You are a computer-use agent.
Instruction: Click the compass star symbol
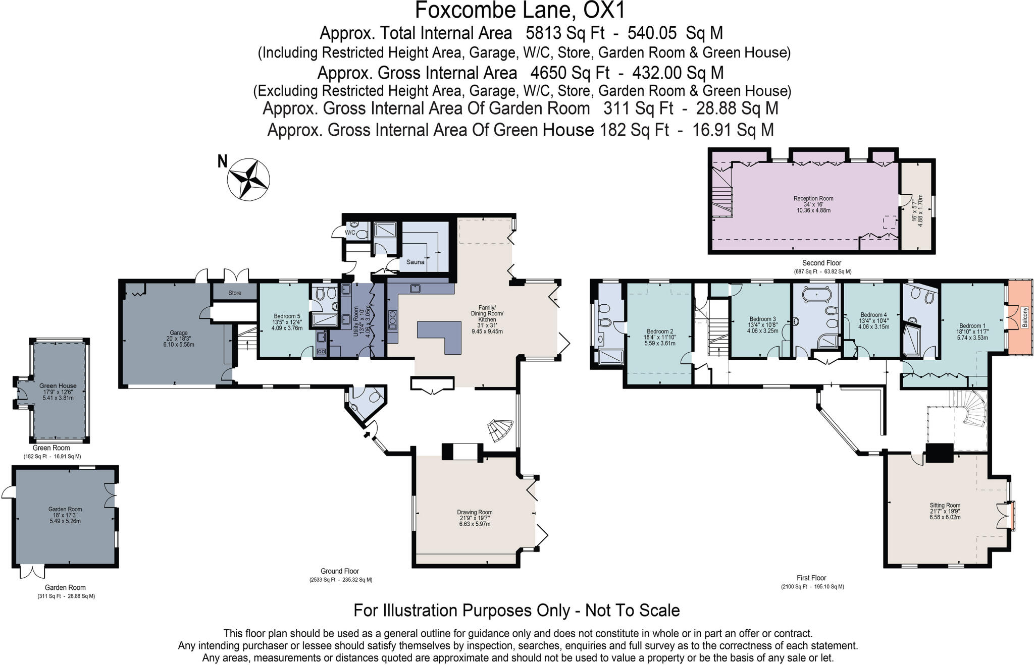point(248,179)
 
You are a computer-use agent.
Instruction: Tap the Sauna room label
point(416,262)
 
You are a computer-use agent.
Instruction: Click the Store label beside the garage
point(235,293)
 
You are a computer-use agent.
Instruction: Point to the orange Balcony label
point(1025,317)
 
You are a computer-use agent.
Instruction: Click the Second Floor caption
point(821,263)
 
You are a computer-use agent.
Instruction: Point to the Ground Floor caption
point(340,571)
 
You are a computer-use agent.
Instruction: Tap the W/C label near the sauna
point(350,233)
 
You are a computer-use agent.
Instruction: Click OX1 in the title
point(597,10)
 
